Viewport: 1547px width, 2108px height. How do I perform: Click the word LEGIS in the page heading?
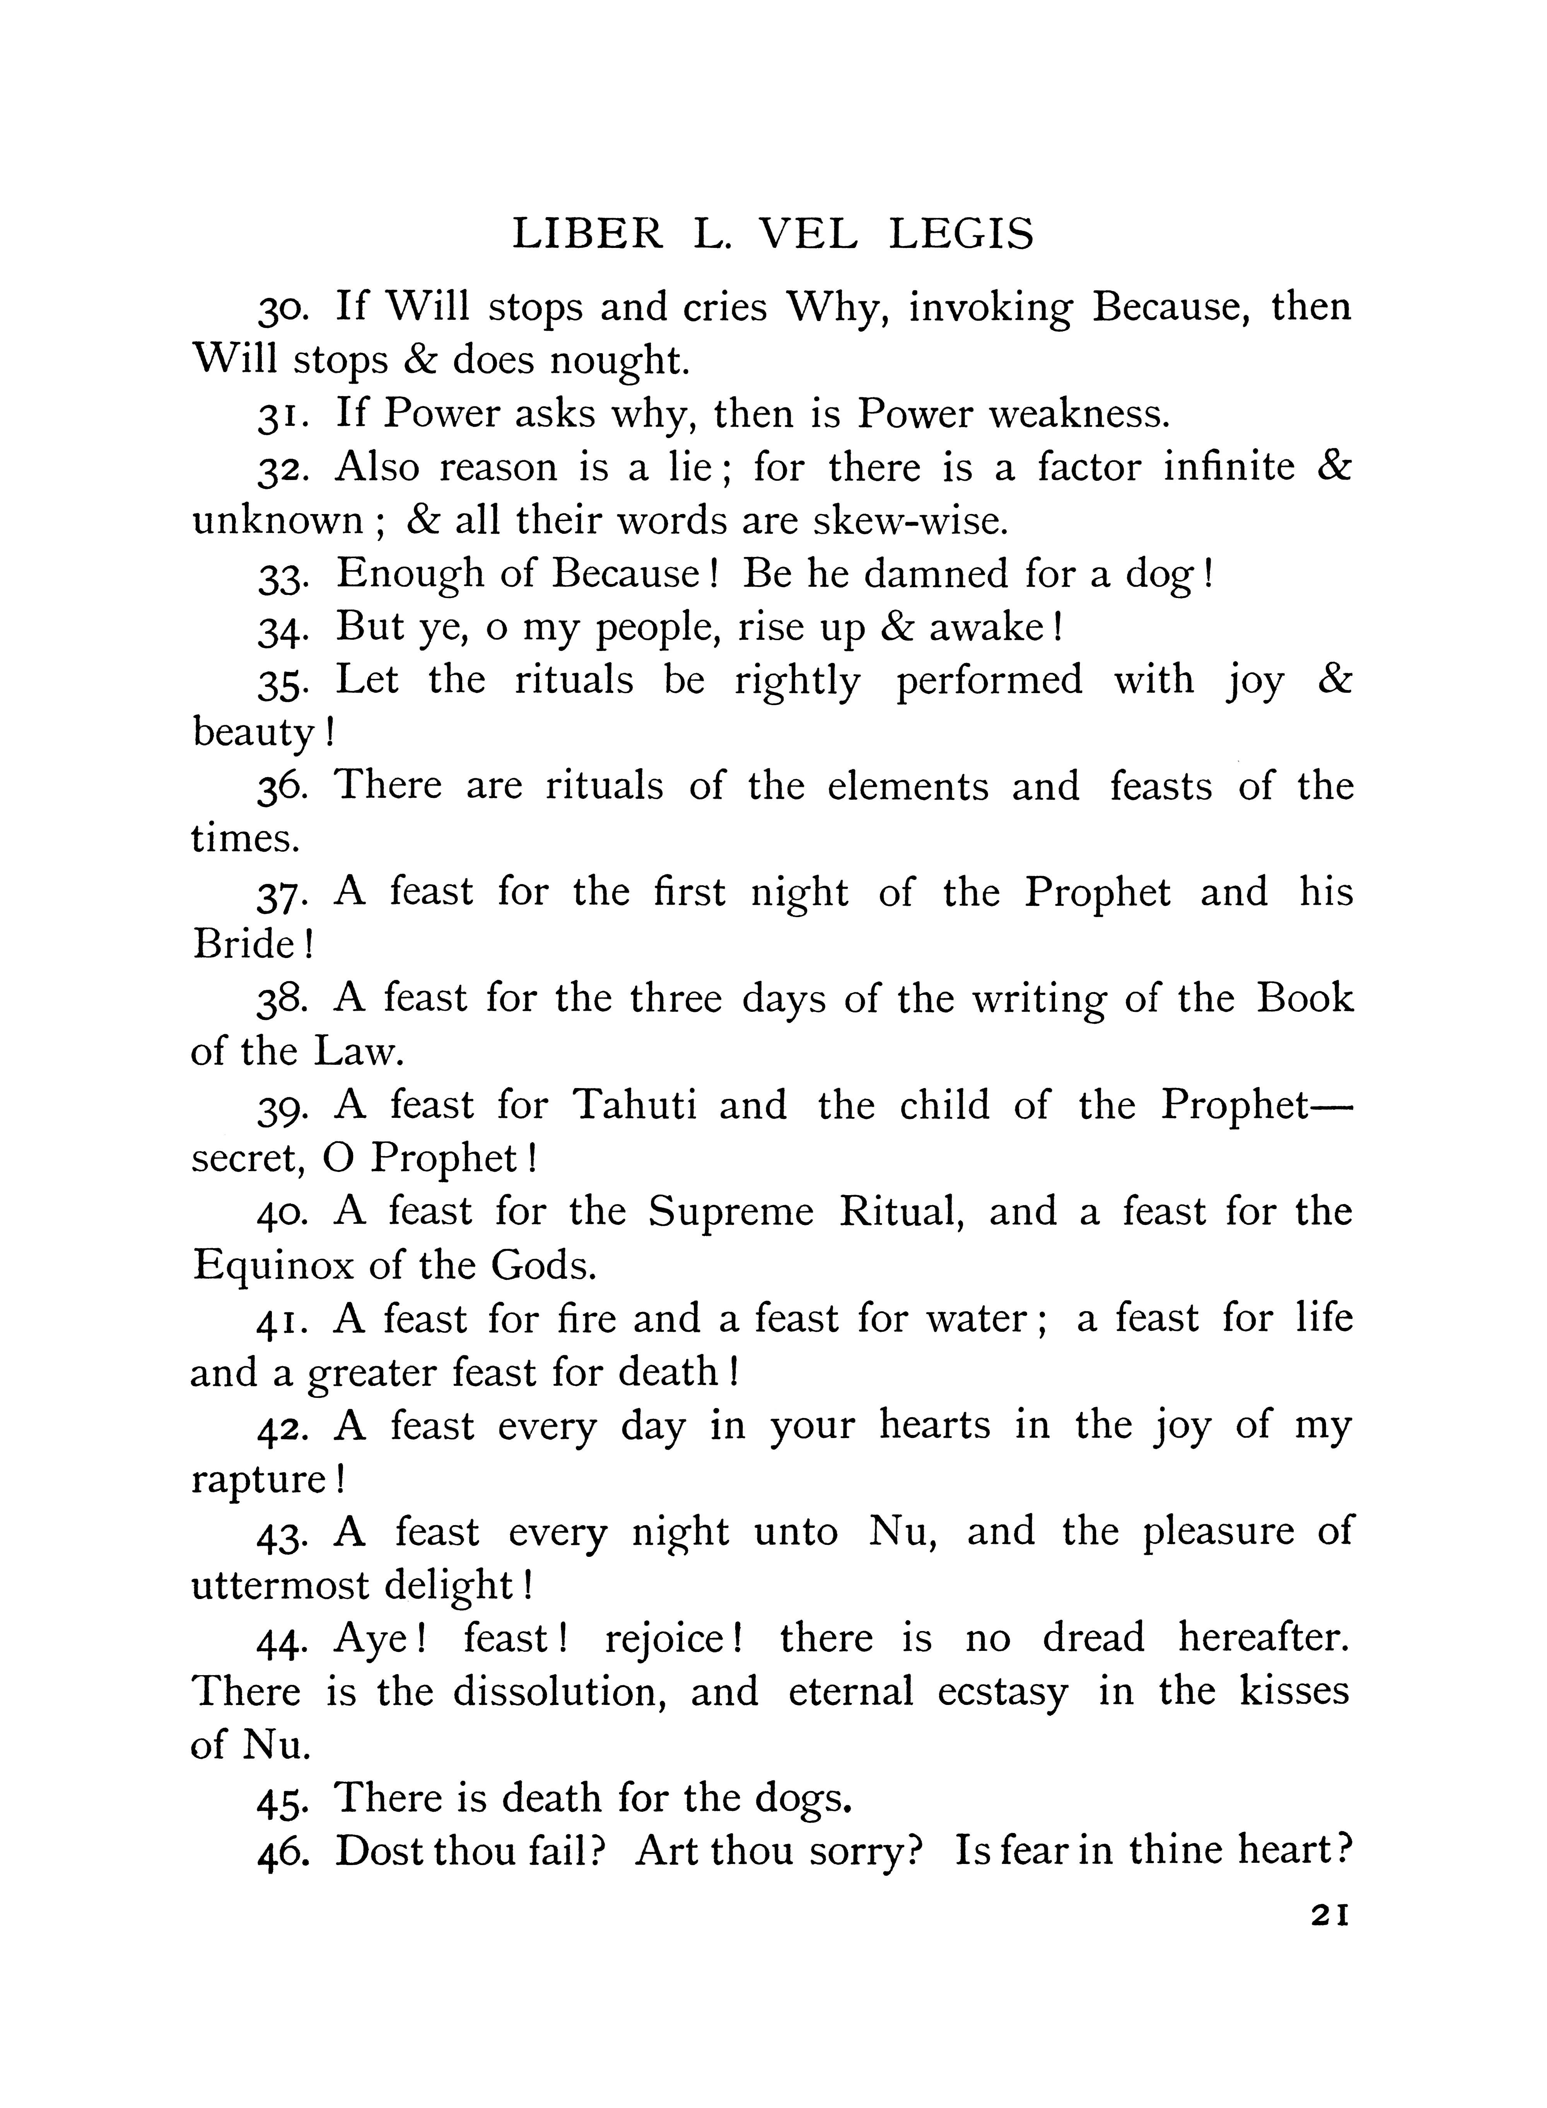(x=962, y=234)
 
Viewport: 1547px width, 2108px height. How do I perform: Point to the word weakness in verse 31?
(x=1079, y=413)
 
